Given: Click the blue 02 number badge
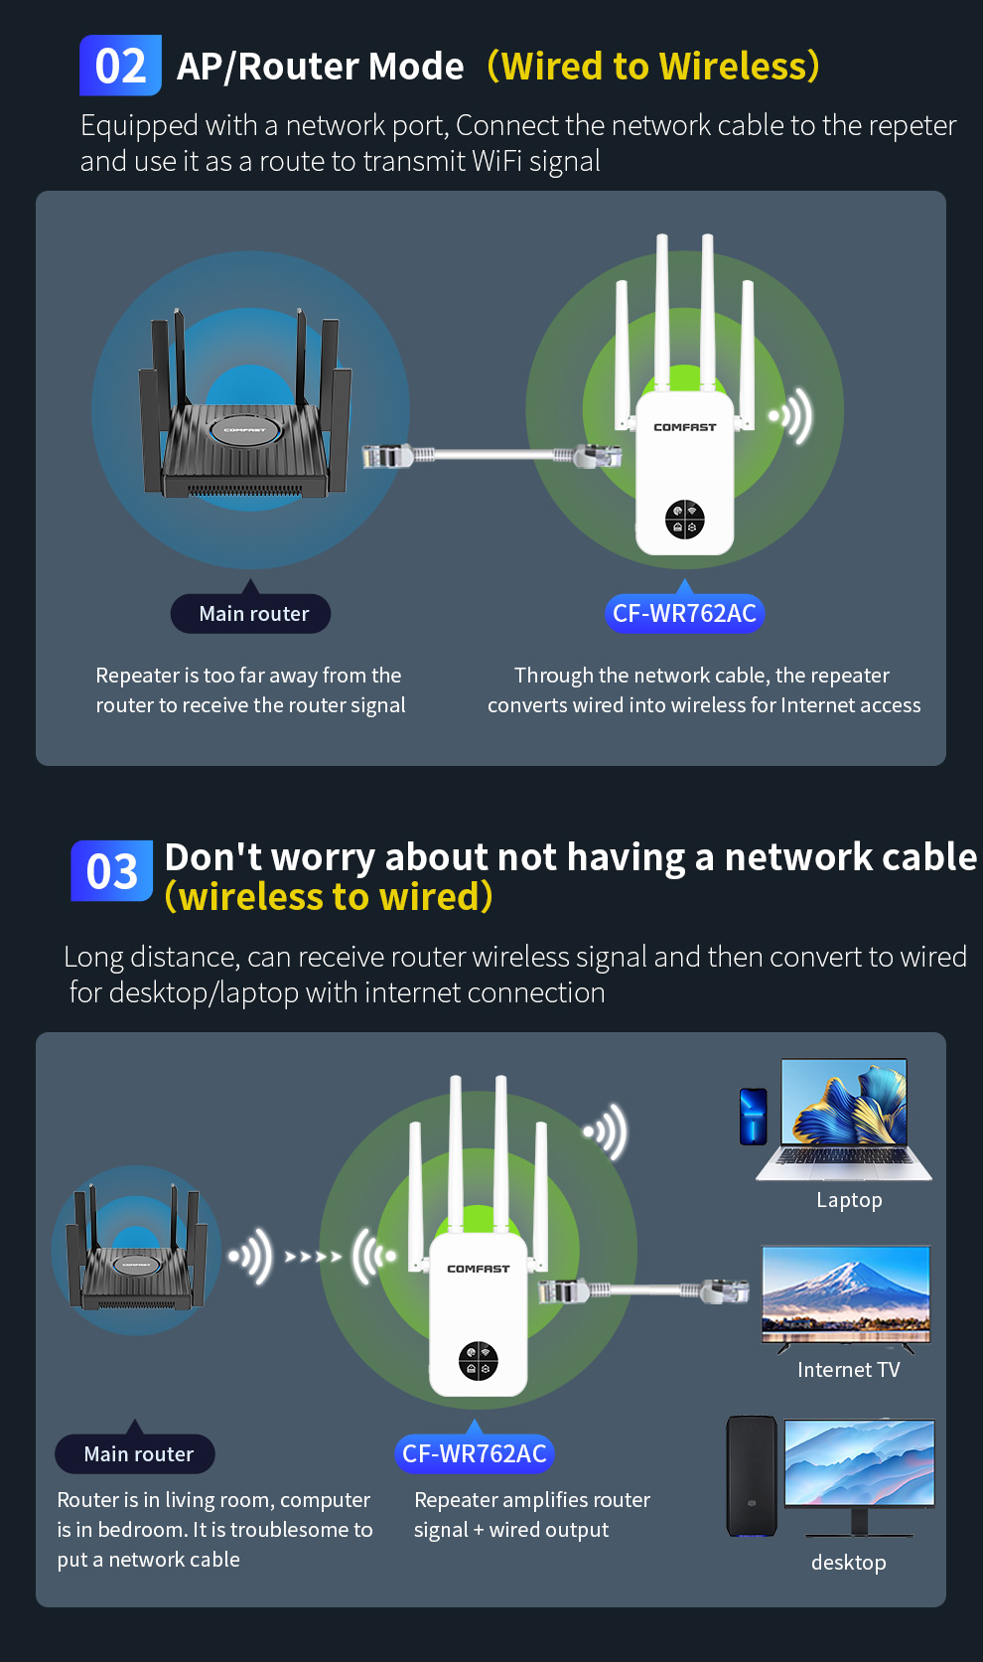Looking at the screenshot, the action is click(120, 66).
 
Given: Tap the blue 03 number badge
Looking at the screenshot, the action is click(112, 870).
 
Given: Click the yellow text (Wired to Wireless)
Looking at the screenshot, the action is click(653, 67).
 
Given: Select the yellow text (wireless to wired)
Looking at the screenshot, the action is click(329, 897).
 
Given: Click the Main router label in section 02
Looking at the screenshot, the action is click(250, 614).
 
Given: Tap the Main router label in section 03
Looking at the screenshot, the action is click(135, 1453).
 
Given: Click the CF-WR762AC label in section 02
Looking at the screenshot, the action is click(684, 614).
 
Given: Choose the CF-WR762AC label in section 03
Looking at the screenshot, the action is click(475, 1453).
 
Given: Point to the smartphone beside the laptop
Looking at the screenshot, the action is click(754, 1116).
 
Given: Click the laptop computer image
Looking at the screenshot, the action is click(844, 1120).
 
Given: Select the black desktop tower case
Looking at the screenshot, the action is click(752, 1476).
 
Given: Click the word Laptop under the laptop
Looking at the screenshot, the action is click(850, 1200).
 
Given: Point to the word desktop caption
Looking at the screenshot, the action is click(849, 1563).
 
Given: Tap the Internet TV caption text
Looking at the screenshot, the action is click(849, 1370).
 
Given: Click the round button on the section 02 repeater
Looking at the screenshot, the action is click(684, 519).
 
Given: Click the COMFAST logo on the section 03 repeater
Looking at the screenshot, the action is click(479, 1269).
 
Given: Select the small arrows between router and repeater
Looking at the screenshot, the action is click(314, 1256).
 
